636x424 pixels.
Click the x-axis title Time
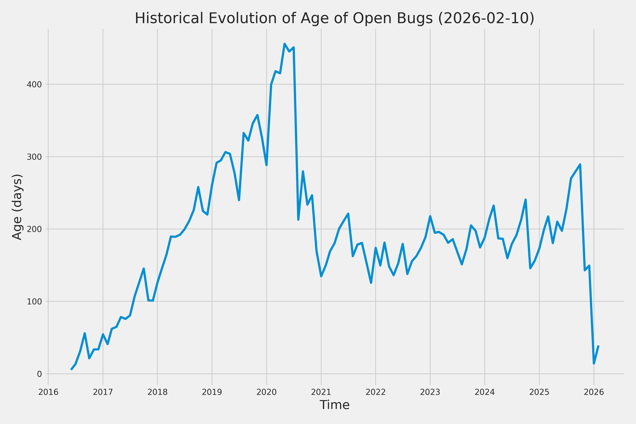click(x=334, y=405)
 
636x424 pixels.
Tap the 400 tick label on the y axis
click(x=34, y=85)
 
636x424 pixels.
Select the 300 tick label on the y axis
click(x=34, y=157)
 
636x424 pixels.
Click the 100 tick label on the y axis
click(x=34, y=302)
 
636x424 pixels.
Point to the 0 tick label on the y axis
click(x=39, y=374)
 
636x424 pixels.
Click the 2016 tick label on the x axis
click(x=48, y=392)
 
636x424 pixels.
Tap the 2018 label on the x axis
click(x=157, y=392)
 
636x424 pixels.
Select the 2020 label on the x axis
click(x=266, y=392)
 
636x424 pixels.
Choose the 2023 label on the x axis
click(x=430, y=392)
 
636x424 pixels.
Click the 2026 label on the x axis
click(x=594, y=392)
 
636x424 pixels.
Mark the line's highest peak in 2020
click(x=284, y=43)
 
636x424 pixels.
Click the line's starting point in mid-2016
click(x=71, y=369)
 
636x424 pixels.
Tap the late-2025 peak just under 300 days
click(x=580, y=164)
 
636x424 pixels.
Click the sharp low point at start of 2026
click(x=594, y=363)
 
